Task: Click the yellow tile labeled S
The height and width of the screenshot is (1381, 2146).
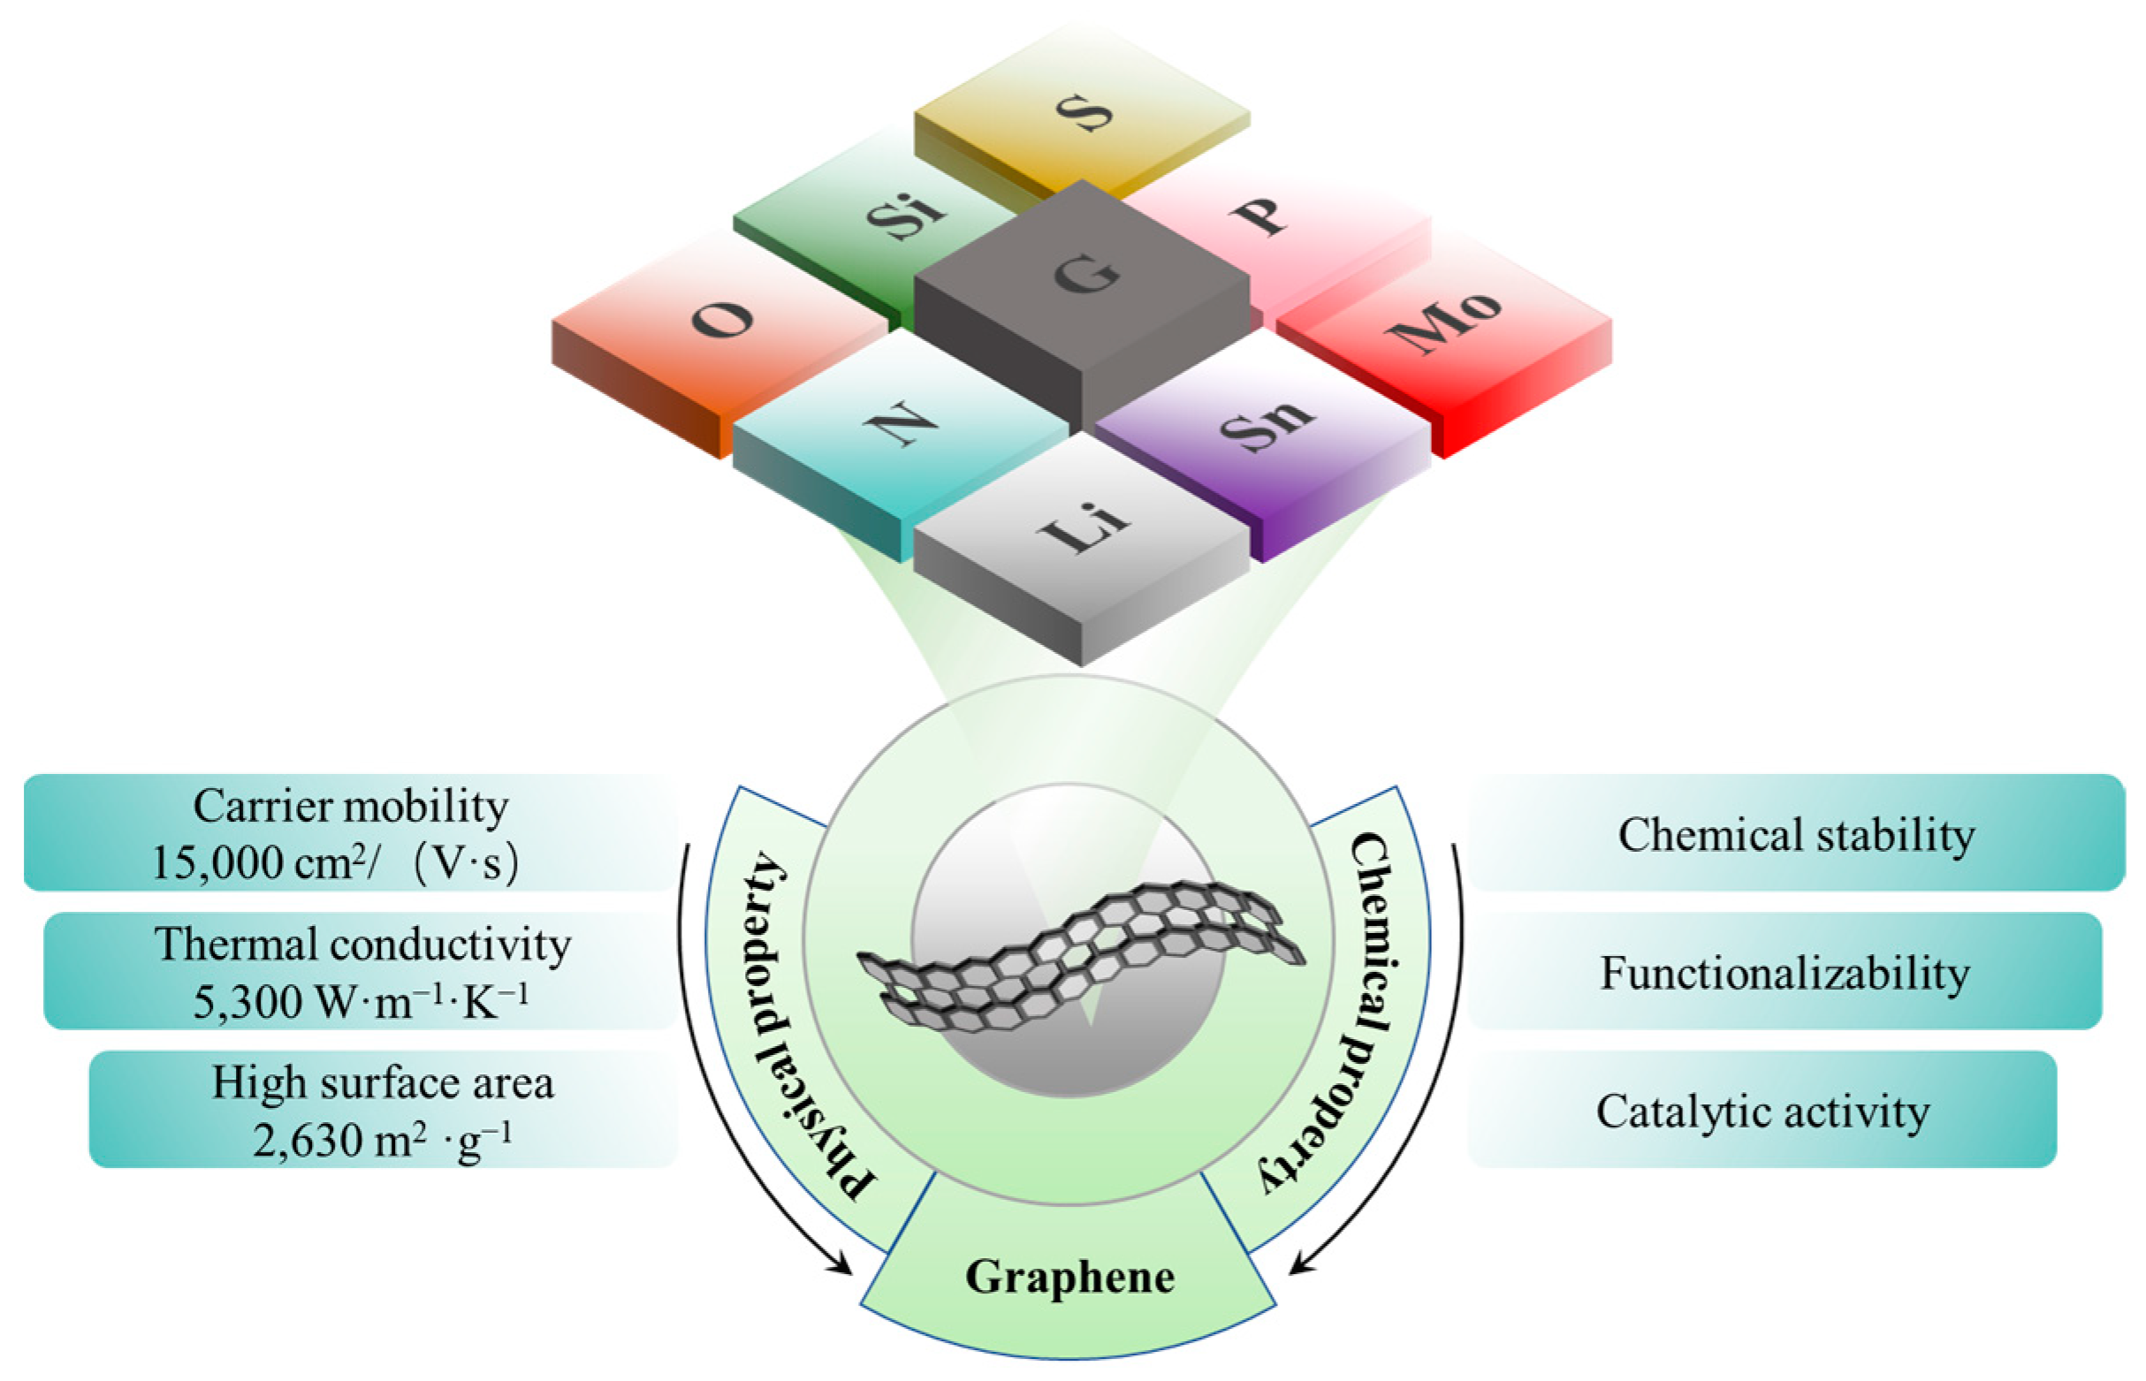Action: (1083, 111)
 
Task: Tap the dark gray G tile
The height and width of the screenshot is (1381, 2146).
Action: (1083, 278)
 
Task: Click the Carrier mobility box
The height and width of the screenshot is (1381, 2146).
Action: (350, 832)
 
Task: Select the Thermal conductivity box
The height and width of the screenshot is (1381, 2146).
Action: (359, 970)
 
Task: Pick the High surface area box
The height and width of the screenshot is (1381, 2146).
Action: (383, 1109)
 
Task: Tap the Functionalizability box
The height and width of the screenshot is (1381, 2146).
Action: (1785, 972)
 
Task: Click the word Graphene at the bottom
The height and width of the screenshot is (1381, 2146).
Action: (1069, 1277)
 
